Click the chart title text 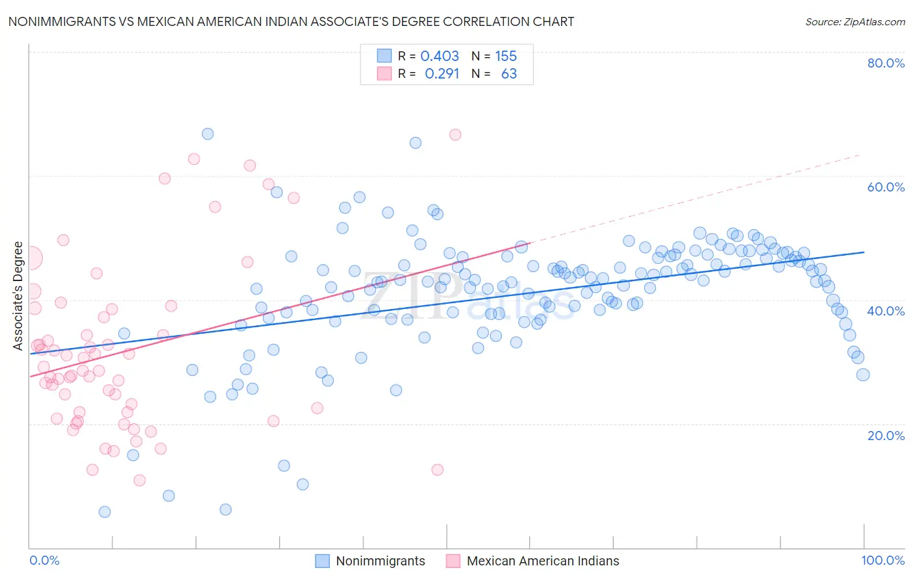point(291,21)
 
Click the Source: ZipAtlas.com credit point(855,21)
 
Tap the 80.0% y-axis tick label point(886,63)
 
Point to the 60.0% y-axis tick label point(886,187)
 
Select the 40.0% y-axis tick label point(886,311)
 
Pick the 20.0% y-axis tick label point(886,436)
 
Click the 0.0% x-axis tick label point(45,560)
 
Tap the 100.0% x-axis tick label point(882,560)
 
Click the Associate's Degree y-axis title point(18,296)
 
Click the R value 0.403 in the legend point(440,56)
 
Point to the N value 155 point(506,56)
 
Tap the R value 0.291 point(442,74)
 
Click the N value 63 point(508,74)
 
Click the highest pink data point point(455,134)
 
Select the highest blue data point point(208,134)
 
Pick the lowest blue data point point(105,512)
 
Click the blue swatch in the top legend point(384,56)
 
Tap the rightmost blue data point point(863,375)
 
